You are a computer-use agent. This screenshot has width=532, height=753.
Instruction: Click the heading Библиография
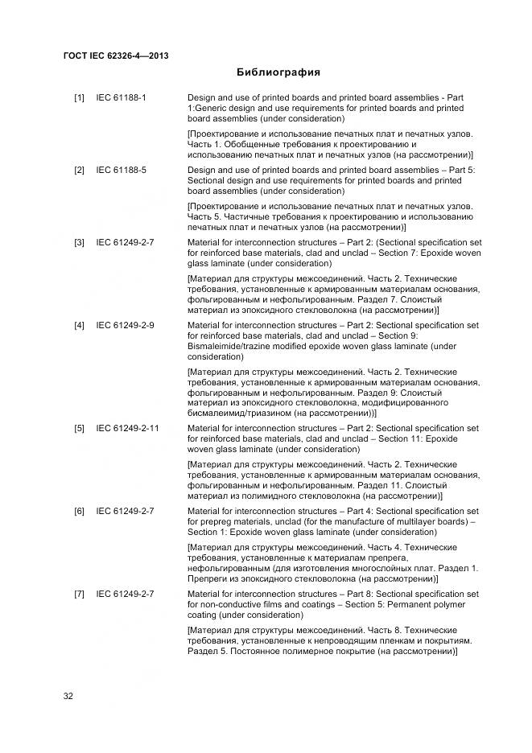point(278,72)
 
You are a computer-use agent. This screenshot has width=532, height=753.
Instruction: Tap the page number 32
point(68,696)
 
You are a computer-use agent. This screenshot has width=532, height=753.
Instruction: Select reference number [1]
point(80,98)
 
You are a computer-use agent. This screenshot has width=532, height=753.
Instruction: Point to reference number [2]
point(80,171)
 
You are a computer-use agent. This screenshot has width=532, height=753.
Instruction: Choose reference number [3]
point(80,242)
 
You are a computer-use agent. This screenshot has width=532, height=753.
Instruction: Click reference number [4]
point(80,325)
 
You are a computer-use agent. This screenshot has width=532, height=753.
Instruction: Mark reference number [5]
point(80,428)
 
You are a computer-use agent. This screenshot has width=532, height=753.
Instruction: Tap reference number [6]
point(80,511)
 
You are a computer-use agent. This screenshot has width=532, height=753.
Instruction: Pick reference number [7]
point(80,594)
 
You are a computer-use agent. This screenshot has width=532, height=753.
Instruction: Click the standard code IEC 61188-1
point(122,98)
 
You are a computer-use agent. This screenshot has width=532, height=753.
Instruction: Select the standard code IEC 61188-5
point(122,171)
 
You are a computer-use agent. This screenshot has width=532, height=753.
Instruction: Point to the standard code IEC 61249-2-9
point(126,325)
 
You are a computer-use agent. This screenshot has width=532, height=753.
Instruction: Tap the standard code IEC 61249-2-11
point(128,428)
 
